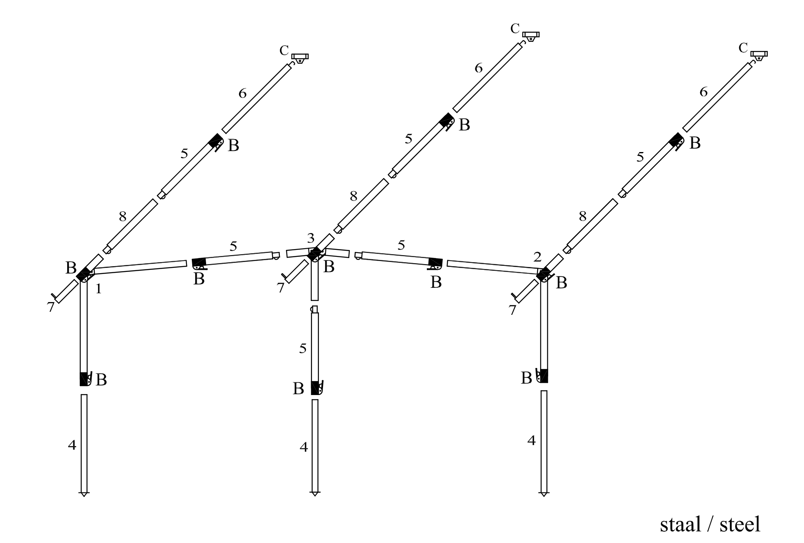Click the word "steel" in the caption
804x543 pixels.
pos(740,524)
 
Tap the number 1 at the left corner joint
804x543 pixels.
pos(98,289)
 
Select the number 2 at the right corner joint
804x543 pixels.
pos(537,257)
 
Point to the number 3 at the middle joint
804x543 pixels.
pos(311,238)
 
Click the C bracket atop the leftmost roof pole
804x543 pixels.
pos(300,58)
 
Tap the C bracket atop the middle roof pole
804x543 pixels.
pos(531,36)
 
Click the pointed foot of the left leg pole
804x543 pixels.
pos(84,494)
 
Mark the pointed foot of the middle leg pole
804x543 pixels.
pos(315,494)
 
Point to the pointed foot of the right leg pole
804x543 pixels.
pos(544,494)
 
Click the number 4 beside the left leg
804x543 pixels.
pos(72,445)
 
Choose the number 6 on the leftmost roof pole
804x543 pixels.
pos(242,94)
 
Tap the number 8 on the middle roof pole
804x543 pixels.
pos(354,196)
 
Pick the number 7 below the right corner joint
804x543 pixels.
pos(512,310)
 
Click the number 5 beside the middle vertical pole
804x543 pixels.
pos(303,349)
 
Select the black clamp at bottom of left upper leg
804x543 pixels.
pos(84,379)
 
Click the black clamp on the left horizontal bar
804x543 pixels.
pos(200,263)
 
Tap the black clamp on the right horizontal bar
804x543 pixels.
pos(435,263)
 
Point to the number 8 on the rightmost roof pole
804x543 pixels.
pos(582,216)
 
